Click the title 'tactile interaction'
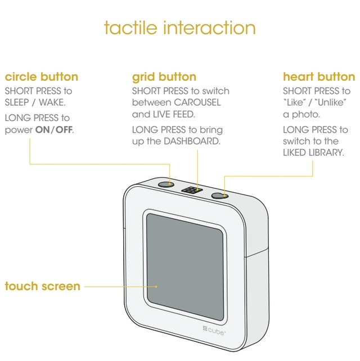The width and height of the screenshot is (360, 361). point(179,28)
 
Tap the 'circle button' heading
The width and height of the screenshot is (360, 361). point(42,76)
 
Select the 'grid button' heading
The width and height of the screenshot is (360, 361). point(164,78)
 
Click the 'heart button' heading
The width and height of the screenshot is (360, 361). point(319,76)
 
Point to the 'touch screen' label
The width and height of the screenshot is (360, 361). point(42,286)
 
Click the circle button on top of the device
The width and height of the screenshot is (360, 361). point(166,184)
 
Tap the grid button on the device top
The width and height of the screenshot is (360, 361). point(192,190)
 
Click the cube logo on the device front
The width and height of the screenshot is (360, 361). point(214,331)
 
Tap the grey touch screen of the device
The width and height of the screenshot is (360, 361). point(185,267)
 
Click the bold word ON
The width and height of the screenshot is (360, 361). point(42,130)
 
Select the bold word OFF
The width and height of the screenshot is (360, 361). point(64,130)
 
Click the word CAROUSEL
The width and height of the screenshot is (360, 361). point(197,102)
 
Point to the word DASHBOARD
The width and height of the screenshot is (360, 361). point(192,141)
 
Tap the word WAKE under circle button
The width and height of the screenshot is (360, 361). point(52,102)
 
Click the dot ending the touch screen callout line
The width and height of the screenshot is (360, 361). point(156,287)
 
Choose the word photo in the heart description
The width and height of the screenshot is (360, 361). point(306,115)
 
